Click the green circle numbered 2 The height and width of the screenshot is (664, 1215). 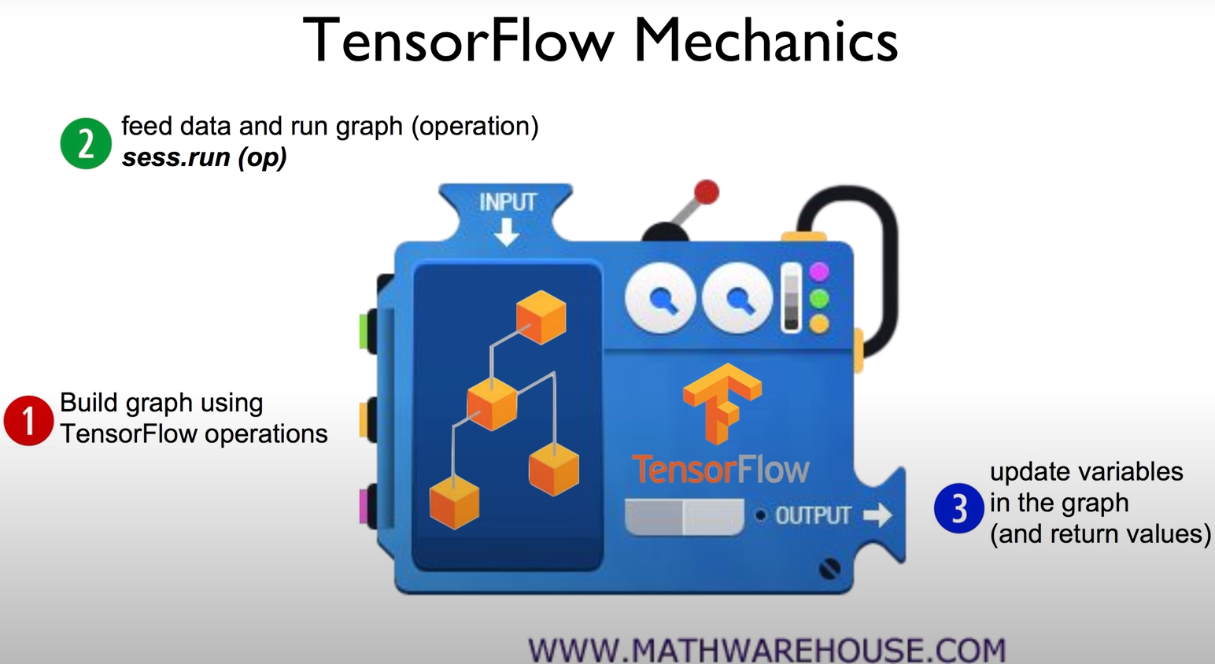pyautogui.click(x=86, y=143)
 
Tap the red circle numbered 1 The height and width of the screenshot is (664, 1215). pyautogui.click(x=28, y=421)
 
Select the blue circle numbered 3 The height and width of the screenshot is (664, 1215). pyautogui.click(x=958, y=508)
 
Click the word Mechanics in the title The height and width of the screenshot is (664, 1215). pyautogui.click(x=765, y=41)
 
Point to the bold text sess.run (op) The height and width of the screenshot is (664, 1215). pyautogui.click(x=204, y=157)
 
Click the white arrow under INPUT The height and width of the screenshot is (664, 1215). pyautogui.click(x=506, y=232)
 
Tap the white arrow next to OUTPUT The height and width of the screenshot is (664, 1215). pyautogui.click(x=877, y=515)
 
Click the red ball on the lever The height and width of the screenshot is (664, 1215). pyautogui.click(x=706, y=192)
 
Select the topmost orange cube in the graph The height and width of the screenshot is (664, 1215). pyautogui.click(x=541, y=317)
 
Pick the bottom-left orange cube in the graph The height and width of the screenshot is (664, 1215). pyautogui.click(x=454, y=501)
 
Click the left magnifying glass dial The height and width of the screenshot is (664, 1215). pyautogui.click(x=659, y=299)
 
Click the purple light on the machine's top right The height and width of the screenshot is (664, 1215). pyautogui.click(x=819, y=272)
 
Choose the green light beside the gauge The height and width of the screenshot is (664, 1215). pyautogui.click(x=819, y=299)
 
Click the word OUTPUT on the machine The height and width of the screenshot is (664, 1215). pyautogui.click(x=812, y=516)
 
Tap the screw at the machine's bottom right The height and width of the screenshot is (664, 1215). pyautogui.click(x=829, y=568)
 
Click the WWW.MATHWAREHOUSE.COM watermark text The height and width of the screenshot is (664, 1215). pyautogui.click(x=766, y=650)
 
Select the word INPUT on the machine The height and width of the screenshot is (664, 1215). pyautogui.click(x=508, y=202)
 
